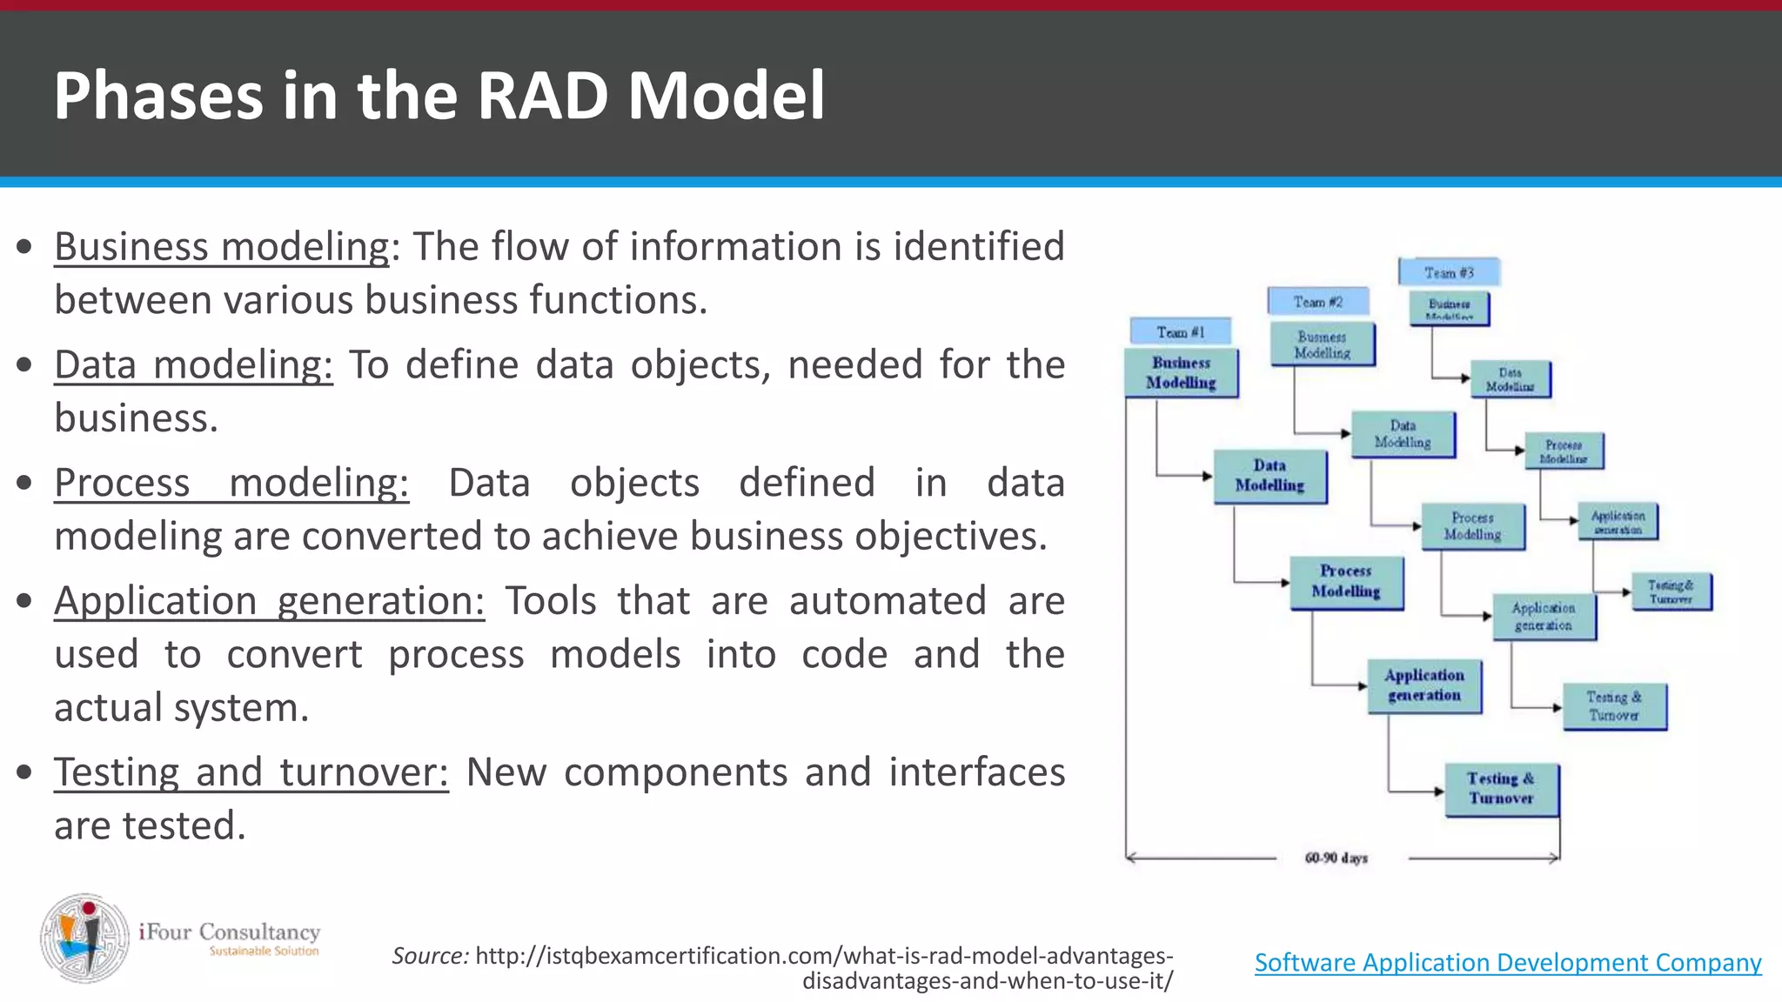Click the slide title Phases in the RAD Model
[439, 95]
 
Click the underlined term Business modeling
[222, 246]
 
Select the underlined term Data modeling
[193, 364]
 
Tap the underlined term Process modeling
[231, 483]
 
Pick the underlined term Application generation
[269, 601]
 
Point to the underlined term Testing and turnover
[251, 772]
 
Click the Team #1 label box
[1180, 331]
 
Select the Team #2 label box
[1317, 302]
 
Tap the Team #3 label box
[1449, 272]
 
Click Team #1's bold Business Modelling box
[1181, 373]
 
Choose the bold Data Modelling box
[1270, 476]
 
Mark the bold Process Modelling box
[1345, 582]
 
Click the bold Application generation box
[1424, 685]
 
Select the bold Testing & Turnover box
[1501, 789]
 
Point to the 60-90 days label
[1336, 858]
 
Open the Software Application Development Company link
[1507, 963]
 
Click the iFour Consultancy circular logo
[85, 938]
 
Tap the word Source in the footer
[430, 956]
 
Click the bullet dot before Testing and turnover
[25, 772]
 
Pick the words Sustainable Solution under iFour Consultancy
[264, 952]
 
